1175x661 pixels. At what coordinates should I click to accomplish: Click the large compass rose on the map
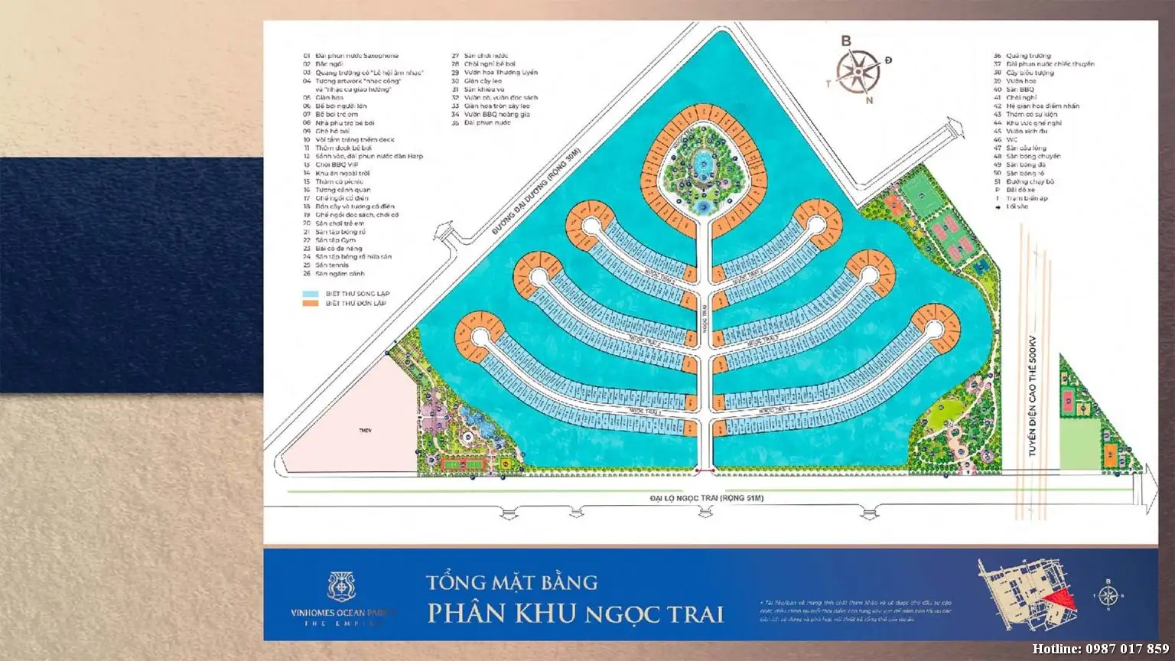click(x=856, y=69)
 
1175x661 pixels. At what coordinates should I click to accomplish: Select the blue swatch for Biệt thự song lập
click(x=310, y=294)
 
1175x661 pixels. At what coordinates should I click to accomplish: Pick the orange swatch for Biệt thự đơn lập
click(x=310, y=304)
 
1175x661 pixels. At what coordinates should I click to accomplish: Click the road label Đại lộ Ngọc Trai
click(x=706, y=499)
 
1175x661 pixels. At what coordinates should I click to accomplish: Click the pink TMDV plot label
click(x=365, y=431)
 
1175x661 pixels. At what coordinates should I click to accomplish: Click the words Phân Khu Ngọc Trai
click(x=575, y=614)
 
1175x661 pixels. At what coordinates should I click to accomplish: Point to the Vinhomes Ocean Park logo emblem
click(x=342, y=586)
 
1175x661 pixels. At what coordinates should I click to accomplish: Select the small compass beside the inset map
click(x=1108, y=594)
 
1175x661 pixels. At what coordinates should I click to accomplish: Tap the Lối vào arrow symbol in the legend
click(x=998, y=207)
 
